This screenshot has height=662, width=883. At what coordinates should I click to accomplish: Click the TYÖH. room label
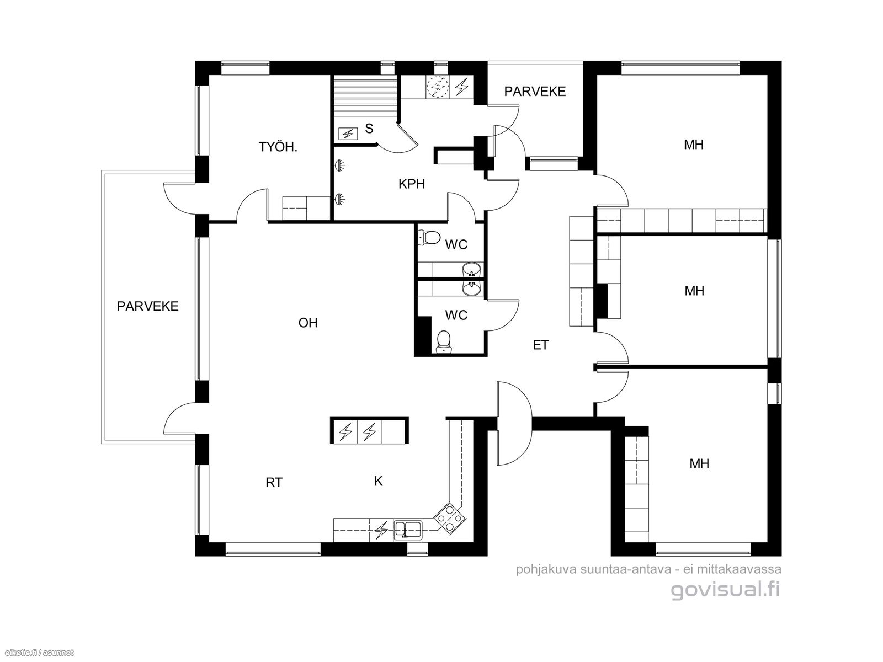coord(278,147)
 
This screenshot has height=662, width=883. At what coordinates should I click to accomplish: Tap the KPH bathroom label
coord(412,184)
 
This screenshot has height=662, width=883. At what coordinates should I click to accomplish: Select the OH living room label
coord(308,323)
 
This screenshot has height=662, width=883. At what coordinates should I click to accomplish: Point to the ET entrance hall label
coord(540,345)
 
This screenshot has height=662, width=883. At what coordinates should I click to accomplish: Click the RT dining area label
coord(274,482)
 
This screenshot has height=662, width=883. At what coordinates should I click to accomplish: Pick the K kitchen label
coord(378,481)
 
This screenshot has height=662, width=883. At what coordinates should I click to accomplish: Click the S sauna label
coord(369,129)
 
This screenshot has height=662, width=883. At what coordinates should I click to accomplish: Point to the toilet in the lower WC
coord(444,341)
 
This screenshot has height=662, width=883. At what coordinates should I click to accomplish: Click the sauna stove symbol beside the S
coord(348,134)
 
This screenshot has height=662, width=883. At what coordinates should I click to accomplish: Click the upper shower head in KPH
coord(339,165)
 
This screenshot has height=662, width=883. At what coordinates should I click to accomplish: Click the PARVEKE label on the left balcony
coord(148,306)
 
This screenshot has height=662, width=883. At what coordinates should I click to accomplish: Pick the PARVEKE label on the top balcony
coord(535,92)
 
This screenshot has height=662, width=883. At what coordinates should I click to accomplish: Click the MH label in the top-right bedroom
coord(694,145)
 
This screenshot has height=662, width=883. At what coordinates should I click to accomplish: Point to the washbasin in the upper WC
coord(471,270)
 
